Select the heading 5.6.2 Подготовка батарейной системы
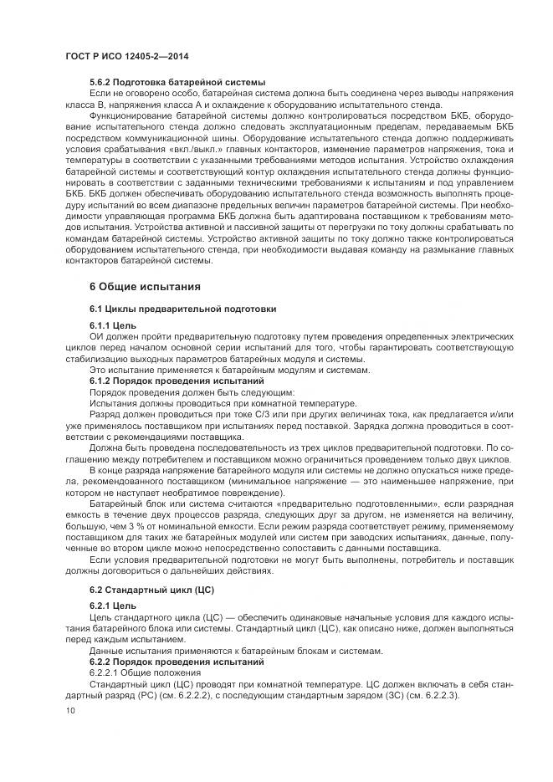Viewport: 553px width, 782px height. coord(177,82)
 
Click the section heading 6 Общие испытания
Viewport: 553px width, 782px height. coord(145,287)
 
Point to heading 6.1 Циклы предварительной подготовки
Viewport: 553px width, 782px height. coord(182,309)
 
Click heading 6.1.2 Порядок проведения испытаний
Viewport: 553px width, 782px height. coord(170,381)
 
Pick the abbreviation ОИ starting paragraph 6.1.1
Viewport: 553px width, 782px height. coord(96,335)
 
